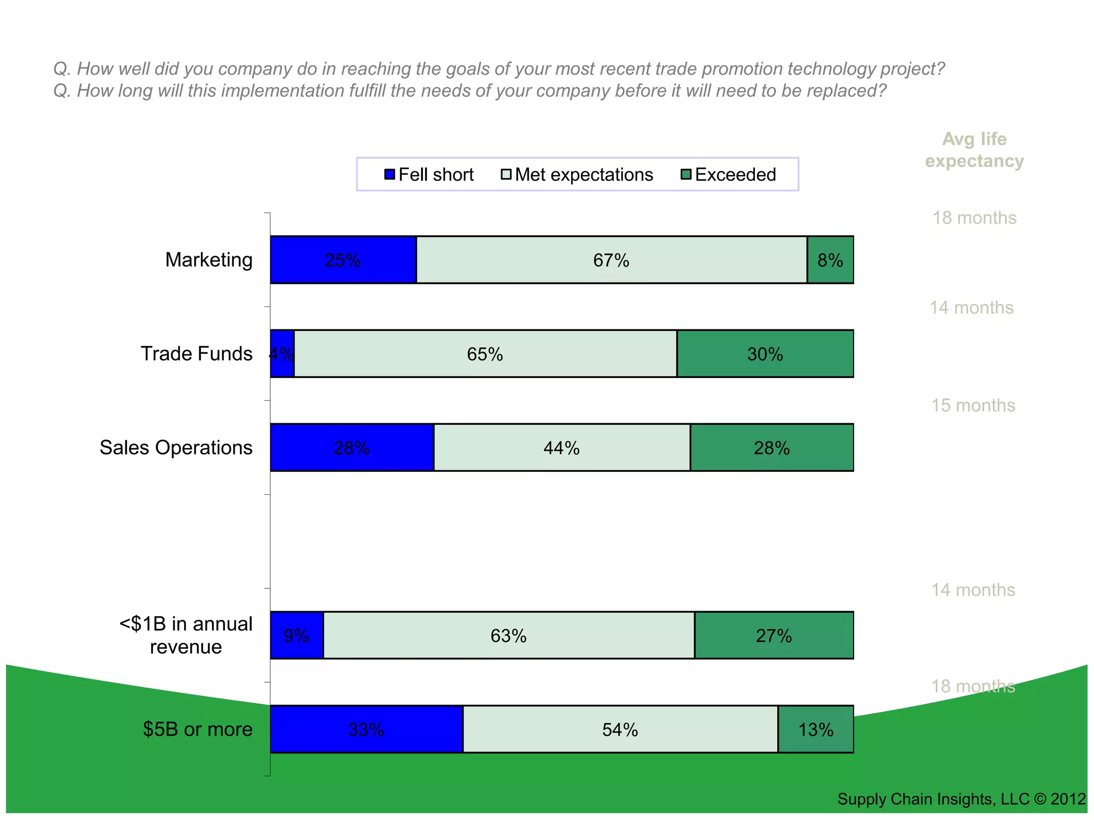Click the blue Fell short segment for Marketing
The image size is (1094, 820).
tap(343, 260)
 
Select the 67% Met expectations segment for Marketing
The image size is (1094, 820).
tap(611, 260)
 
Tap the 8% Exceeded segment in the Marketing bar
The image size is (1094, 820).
tap(830, 260)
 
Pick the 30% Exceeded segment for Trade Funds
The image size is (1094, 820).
tap(765, 354)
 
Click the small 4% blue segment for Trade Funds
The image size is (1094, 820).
tap(282, 354)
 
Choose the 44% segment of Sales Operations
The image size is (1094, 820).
tap(561, 448)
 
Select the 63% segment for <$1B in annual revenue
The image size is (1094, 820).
tap(509, 636)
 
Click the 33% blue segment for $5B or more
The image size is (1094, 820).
tap(366, 730)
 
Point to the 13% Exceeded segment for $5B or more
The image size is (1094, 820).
tap(816, 730)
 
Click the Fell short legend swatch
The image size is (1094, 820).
tap(390, 175)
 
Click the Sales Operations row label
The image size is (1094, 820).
tap(176, 447)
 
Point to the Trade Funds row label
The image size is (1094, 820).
tap(196, 353)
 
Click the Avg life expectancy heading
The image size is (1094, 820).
tap(974, 150)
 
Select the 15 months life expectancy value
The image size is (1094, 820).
tap(973, 405)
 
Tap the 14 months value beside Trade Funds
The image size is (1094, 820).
tap(971, 307)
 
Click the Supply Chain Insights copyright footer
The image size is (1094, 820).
tap(961, 799)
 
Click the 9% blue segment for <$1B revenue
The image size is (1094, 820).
tap(296, 636)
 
